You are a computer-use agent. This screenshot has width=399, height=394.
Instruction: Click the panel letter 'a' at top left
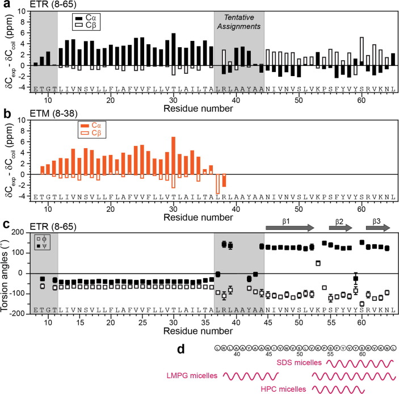click(6, 5)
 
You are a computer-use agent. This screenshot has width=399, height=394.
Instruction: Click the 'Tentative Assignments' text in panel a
click(239, 22)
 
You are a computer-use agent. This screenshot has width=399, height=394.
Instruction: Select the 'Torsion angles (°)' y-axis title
click(6, 273)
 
